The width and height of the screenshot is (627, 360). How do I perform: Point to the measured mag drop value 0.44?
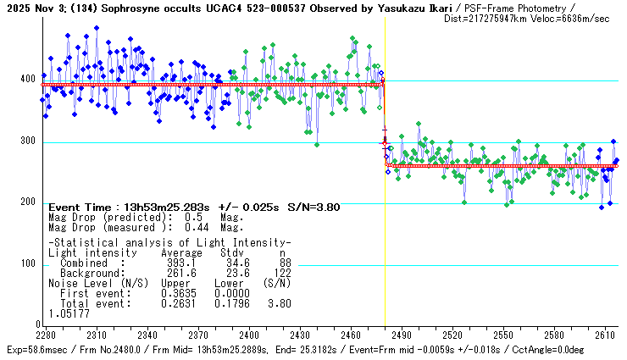[x=197, y=227]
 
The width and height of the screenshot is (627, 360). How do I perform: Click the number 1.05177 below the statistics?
[x=66, y=313]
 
